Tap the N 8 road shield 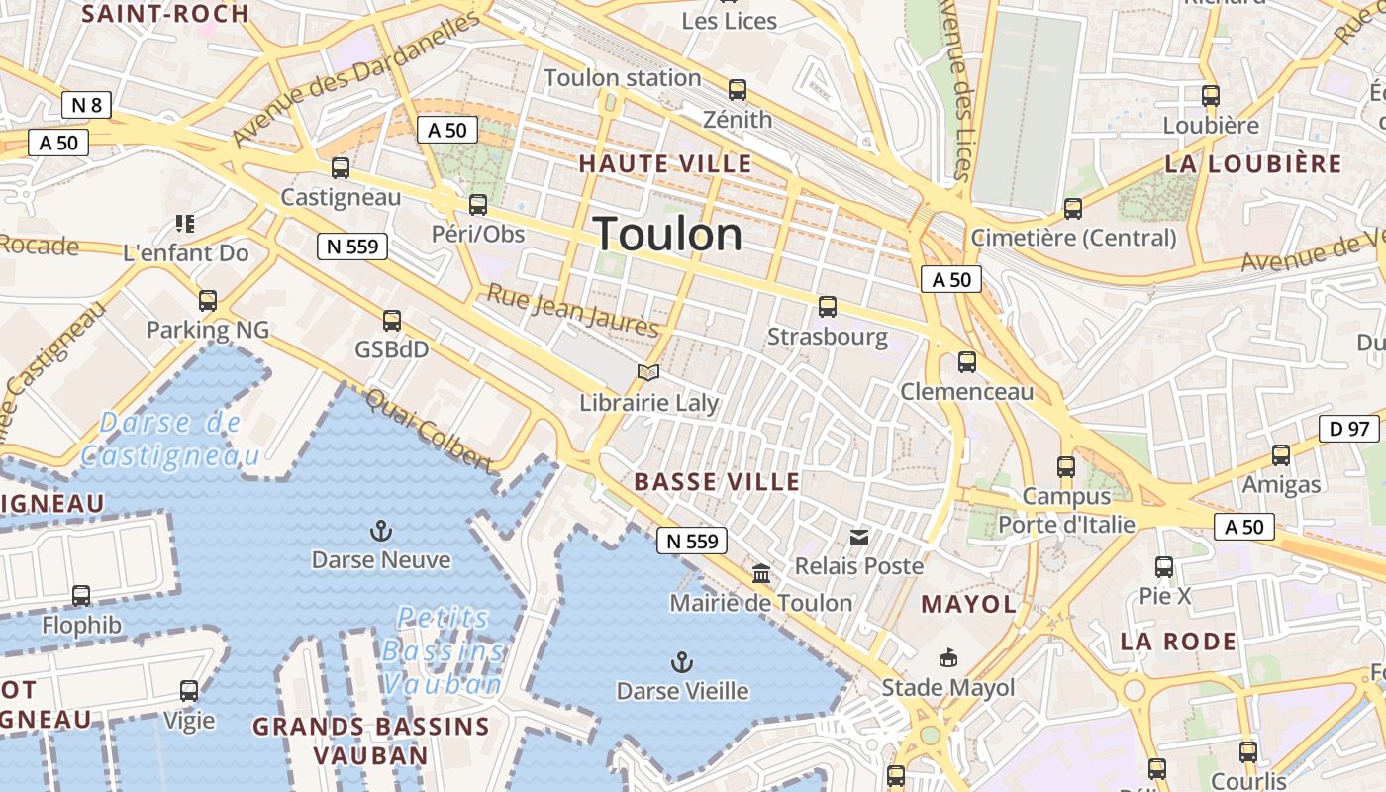86,105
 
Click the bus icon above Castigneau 341,168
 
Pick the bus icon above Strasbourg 828,307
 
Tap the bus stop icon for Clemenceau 967,362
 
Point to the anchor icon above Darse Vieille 682,662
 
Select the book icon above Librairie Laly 648,373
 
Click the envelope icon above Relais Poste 859,538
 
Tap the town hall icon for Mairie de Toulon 761,574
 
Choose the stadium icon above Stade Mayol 948,658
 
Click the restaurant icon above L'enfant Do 185,224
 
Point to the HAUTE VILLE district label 665,164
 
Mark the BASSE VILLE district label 717,482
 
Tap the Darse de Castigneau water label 170,440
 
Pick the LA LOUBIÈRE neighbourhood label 1252,164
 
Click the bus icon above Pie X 1164,567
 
